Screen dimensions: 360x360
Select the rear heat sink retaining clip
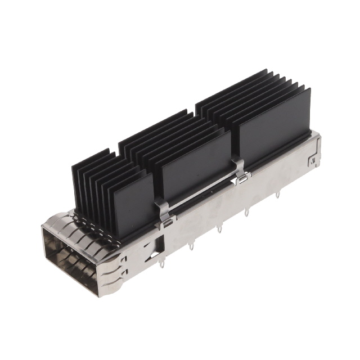pos(240,172)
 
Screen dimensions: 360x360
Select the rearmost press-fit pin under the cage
pos(277,195)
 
